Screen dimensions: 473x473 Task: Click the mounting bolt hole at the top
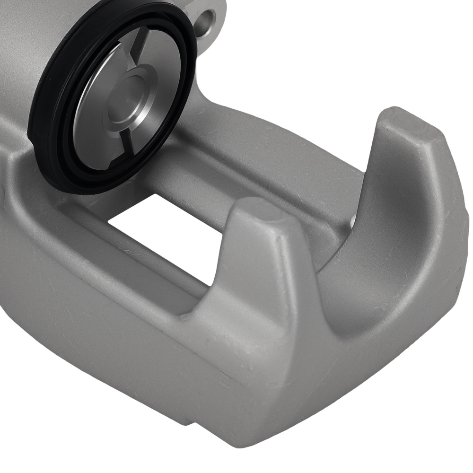(x=207, y=19)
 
